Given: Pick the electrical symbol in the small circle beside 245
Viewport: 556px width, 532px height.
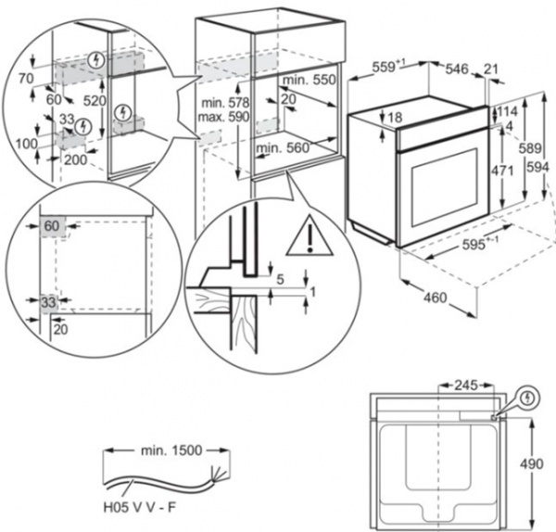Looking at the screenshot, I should point(529,398).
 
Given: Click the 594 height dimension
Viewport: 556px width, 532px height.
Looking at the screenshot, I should point(546,169).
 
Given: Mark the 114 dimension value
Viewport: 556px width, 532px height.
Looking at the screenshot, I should point(506,111).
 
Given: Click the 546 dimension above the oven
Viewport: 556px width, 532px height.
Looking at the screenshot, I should point(457,69).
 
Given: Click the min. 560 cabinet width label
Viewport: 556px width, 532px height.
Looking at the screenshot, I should point(282,148).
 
